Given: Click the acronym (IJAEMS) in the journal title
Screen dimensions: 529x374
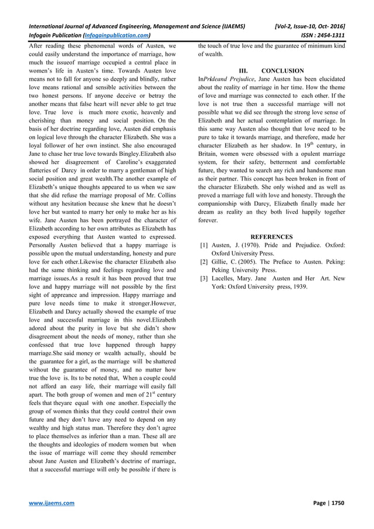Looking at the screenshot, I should tap(230, 26).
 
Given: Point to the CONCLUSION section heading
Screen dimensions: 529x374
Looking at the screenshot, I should tap(283, 70).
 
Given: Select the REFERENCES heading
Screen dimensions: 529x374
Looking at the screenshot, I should tap(271, 236).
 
